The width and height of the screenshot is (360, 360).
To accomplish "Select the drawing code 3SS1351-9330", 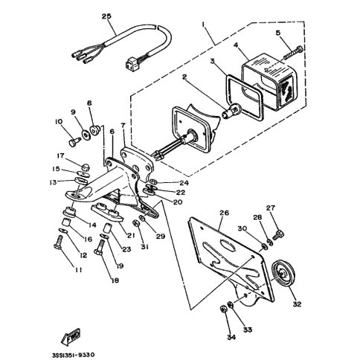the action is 73,355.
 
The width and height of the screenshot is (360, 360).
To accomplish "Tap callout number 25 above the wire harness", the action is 106,16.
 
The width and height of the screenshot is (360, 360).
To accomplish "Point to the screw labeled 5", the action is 293,53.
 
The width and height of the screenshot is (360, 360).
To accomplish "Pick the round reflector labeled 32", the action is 283,274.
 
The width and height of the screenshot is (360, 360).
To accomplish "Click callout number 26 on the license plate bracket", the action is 224,213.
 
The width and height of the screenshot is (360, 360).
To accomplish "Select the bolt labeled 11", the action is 59,242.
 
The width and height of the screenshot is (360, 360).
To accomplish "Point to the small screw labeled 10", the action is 74,142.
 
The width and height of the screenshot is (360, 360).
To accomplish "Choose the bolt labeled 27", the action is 278,234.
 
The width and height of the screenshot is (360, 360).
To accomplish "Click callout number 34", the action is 231,337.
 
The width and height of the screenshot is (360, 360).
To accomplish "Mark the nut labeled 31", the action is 137,223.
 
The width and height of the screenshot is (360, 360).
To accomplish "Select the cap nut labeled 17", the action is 86,167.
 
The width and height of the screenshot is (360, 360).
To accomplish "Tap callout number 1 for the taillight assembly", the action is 203,25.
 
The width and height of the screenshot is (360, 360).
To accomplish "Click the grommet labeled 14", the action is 69,212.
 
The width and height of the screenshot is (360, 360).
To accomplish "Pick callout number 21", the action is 131,236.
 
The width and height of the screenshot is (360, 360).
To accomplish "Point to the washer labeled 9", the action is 86,135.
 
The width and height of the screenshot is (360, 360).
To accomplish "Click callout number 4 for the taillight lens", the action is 236,45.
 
